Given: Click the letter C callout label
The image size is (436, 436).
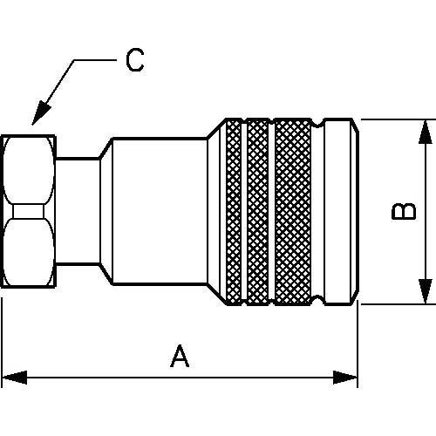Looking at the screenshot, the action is point(135,60).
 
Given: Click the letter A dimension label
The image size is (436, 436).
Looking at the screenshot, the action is point(180,356).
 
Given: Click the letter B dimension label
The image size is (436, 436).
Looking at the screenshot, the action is point(404,211).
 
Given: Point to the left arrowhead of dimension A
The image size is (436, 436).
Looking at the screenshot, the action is point(15,378).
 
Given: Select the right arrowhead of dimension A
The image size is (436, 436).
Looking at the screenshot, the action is point(345,378).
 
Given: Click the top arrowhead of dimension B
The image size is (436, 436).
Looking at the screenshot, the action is point(426,133).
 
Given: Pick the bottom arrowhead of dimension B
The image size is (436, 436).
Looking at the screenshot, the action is point(426,291).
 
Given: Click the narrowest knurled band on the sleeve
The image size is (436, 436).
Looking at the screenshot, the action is point(234,212).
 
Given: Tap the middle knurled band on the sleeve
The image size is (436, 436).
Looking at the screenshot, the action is point(257,212).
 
